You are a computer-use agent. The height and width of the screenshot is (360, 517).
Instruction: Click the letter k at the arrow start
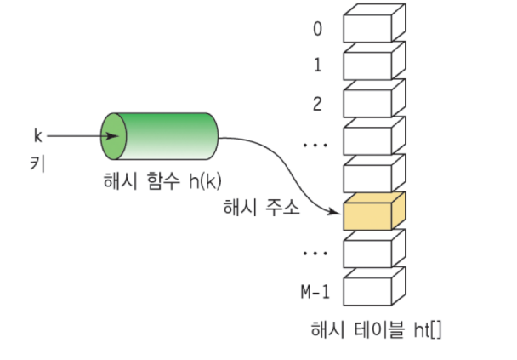click(x=37, y=134)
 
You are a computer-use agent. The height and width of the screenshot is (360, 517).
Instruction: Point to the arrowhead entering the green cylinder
click(x=114, y=136)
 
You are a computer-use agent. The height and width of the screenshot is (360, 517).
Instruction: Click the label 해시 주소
click(x=259, y=208)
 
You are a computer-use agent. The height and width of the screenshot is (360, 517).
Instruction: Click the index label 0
click(x=316, y=29)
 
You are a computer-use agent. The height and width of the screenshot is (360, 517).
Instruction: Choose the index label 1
click(x=316, y=65)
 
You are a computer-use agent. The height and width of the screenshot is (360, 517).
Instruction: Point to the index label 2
click(x=316, y=104)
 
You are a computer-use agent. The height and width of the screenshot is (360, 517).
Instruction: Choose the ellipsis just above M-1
click(x=315, y=253)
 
